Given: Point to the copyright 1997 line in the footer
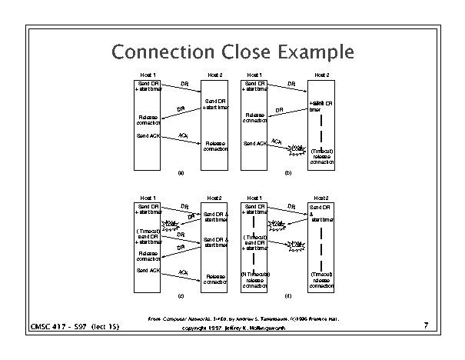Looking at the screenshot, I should [233, 328].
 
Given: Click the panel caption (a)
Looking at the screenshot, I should [181, 173].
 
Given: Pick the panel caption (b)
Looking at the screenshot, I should [287, 173].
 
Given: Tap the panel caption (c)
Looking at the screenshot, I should [181, 295].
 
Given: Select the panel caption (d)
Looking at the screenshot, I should [287, 295].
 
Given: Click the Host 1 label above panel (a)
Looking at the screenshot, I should [148, 74].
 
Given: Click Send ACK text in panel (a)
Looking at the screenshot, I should [148, 136].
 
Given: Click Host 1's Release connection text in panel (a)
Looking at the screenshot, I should [148, 118].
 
